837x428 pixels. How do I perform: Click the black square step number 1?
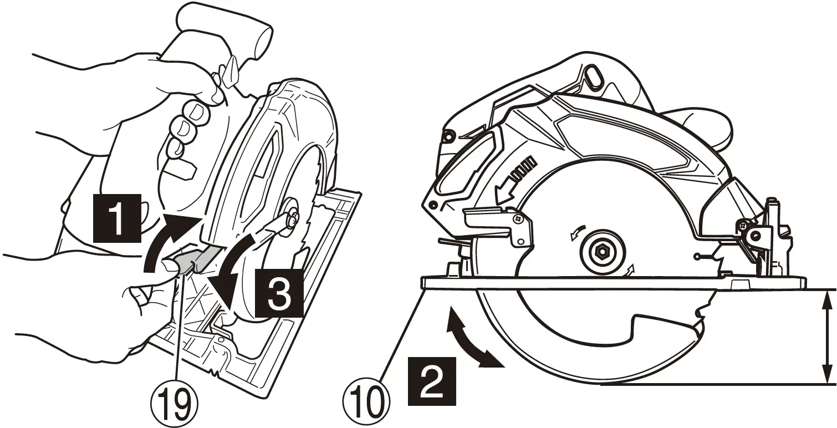click(116, 219)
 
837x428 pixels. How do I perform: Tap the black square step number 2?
click(432, 379)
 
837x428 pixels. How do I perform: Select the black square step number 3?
click(280, 293)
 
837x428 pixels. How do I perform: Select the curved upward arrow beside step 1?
click(166, 238)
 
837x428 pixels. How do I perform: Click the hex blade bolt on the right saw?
click(601, 252)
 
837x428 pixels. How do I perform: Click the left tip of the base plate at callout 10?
click(425, 282)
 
